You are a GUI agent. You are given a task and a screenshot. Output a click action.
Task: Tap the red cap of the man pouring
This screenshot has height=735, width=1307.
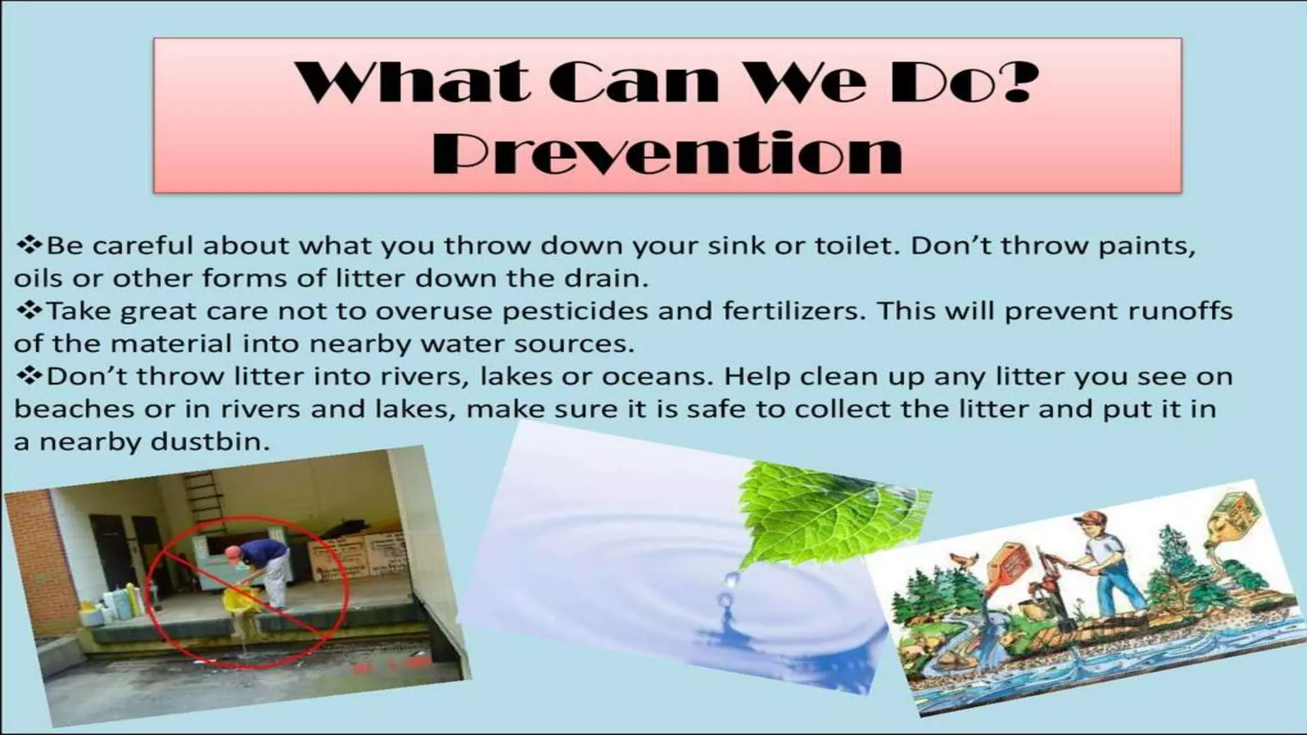[x=231, y=549]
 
